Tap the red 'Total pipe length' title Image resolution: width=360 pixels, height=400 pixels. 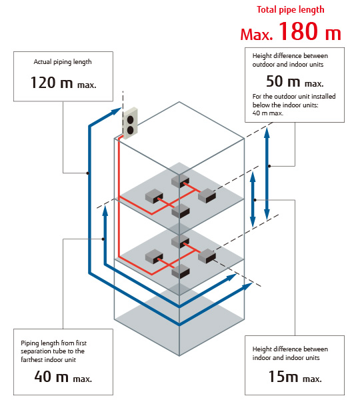click(291, 10)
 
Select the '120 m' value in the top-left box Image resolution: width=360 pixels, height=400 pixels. click(51, 83)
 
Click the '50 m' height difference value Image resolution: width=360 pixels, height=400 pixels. click(283, 81)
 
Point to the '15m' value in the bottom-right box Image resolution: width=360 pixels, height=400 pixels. click(283, 376)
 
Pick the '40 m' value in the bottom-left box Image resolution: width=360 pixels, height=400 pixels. click(51, 377)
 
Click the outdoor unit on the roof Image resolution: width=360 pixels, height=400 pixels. click(130, 123)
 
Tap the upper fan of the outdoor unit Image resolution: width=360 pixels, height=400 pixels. click(131, 119)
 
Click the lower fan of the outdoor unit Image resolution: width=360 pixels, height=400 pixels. click(130, 130)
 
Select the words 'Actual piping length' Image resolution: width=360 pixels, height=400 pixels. click(63, 62)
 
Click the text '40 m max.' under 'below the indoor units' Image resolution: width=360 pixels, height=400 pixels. click(267, 113)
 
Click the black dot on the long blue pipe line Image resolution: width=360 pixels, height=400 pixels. click(88, 173)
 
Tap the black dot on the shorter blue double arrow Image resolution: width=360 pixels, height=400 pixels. click(255, 200)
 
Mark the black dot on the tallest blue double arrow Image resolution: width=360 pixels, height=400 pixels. click(269, 166)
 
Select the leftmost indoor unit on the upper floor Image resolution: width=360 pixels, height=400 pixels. click(154, 196)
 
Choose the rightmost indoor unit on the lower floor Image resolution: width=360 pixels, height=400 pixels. click(207, 256)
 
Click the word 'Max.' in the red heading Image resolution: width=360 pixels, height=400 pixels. click(257, 35)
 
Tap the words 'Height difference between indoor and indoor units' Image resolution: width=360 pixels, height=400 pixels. click(290, 353)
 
